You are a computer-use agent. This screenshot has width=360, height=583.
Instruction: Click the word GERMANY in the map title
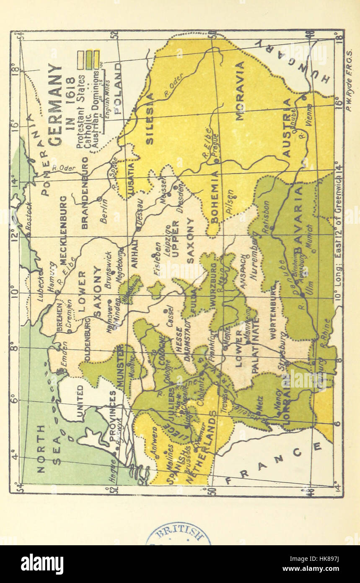[54, 105]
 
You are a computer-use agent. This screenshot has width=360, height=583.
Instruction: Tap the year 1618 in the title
[71, 105]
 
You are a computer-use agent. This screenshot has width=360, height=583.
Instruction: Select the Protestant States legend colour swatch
[80, 60]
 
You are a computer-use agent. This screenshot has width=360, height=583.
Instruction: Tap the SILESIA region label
[150, 119]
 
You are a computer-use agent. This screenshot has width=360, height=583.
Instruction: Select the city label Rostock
[28, 216]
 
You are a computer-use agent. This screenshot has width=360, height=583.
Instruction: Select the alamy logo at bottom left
[42, 564]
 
